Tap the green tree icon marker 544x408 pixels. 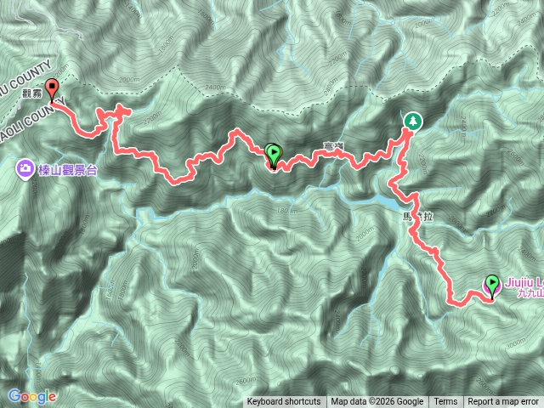[x=412, y=121]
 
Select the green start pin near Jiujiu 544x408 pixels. [x=492, y=286]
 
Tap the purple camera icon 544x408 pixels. [x=24, y=169]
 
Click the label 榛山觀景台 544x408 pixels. [x=67, y=170]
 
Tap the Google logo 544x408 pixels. [x=32, y=396]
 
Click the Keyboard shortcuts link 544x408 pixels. [x=284, y=402]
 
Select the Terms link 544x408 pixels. [x=445, y=402]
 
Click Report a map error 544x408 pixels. [x=504, y=402]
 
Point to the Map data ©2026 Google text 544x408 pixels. [x=377, y=402]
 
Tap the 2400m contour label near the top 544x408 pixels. [x=215, y=88]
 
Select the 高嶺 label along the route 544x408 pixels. [x=333, y=149]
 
